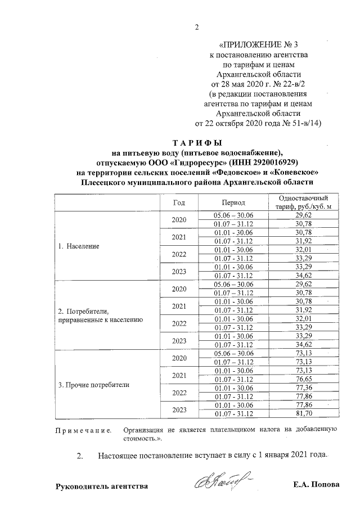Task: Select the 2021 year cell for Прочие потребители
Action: [x=179, y=375]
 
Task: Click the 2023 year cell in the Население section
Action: [x=179, y=272]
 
